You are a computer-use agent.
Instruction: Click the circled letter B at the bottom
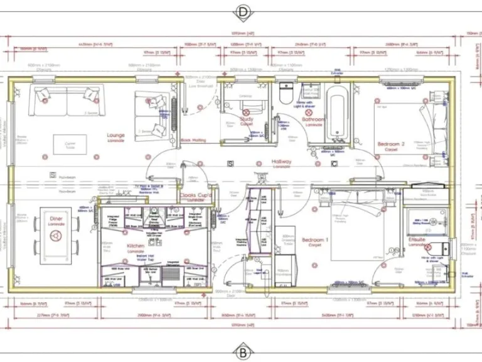(242, 350)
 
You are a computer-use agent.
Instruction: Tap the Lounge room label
(116, 136)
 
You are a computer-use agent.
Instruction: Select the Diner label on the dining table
(56, 219)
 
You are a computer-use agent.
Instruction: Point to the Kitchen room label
(136, 246)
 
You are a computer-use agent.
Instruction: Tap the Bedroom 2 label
(390, 145)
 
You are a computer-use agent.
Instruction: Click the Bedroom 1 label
(314, 241)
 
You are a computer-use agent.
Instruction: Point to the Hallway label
(281, 162)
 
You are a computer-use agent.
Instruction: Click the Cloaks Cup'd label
(196, 195)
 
